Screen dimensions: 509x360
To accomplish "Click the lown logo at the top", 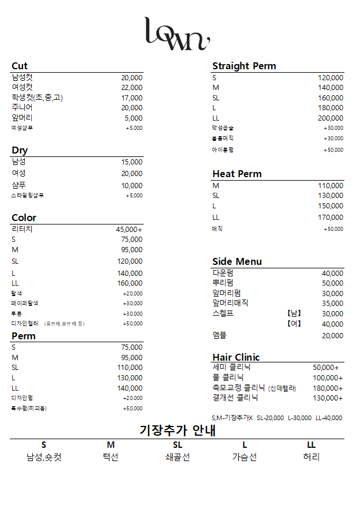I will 177,34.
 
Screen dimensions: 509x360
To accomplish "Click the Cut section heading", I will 20,66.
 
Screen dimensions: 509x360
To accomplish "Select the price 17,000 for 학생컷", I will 132,98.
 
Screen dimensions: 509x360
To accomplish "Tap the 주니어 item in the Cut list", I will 22,107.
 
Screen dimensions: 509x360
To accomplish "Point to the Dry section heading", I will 20,151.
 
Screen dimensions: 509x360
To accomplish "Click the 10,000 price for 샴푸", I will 132,186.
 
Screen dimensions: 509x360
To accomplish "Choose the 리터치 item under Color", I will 22,229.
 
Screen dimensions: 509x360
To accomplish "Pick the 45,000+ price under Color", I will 129,229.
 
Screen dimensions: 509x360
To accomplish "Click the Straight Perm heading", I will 244,66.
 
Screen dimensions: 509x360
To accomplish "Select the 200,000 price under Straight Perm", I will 331,118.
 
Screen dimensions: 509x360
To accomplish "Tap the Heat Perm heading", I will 237,174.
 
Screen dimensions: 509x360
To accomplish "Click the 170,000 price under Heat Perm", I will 331,218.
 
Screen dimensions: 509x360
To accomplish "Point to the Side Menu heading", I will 237,261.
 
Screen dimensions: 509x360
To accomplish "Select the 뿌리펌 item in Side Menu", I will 223,283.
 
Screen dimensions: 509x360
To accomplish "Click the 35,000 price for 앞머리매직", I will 332,304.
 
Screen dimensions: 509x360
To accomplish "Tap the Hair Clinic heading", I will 236,357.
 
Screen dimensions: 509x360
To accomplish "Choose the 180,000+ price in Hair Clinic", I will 328,388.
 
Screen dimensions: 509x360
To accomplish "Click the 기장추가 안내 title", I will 177,431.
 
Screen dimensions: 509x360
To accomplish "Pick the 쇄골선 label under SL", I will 177,457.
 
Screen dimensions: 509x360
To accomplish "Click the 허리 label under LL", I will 311,457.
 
